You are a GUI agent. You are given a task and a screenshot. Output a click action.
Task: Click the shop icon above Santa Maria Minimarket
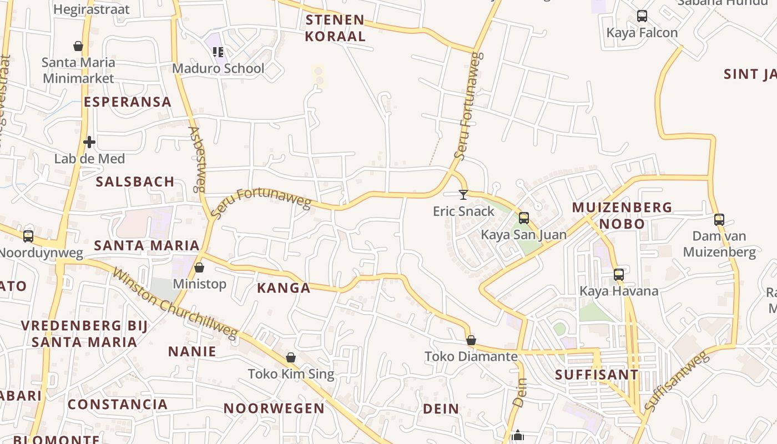click(78, 46)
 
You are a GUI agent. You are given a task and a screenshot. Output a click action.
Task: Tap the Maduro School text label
click(218, 68)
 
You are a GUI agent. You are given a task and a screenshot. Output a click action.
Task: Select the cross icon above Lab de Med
click(89, 142)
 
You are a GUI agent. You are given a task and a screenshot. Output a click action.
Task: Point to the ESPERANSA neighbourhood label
click(128, 102)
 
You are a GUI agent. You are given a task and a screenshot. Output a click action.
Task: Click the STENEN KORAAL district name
click(335, 28)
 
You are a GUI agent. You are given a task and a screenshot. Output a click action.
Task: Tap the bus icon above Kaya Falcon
click(642, 16)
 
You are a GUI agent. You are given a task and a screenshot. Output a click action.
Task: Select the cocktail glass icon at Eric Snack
click(463, 194)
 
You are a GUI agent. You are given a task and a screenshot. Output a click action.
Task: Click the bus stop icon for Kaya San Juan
click(523, 218)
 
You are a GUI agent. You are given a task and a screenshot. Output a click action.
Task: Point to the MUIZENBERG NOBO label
click(622, 215)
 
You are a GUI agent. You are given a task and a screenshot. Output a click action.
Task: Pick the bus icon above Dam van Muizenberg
click(719, 220)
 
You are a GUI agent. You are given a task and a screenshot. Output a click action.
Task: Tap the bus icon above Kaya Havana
click(619, 275)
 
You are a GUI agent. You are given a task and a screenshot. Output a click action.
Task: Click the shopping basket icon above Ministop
click(199, 268)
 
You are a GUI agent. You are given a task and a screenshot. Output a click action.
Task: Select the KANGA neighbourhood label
click(284, 287)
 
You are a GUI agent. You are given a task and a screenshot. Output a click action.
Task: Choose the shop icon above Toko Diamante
click(471, 340)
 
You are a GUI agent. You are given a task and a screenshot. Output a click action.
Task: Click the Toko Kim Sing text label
click(291, 374)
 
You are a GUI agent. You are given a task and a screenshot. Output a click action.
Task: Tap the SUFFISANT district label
click(597, 375)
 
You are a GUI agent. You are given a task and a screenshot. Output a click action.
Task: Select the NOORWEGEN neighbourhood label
click(274, 408)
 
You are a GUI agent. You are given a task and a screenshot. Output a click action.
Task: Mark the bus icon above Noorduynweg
click(28, 236)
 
